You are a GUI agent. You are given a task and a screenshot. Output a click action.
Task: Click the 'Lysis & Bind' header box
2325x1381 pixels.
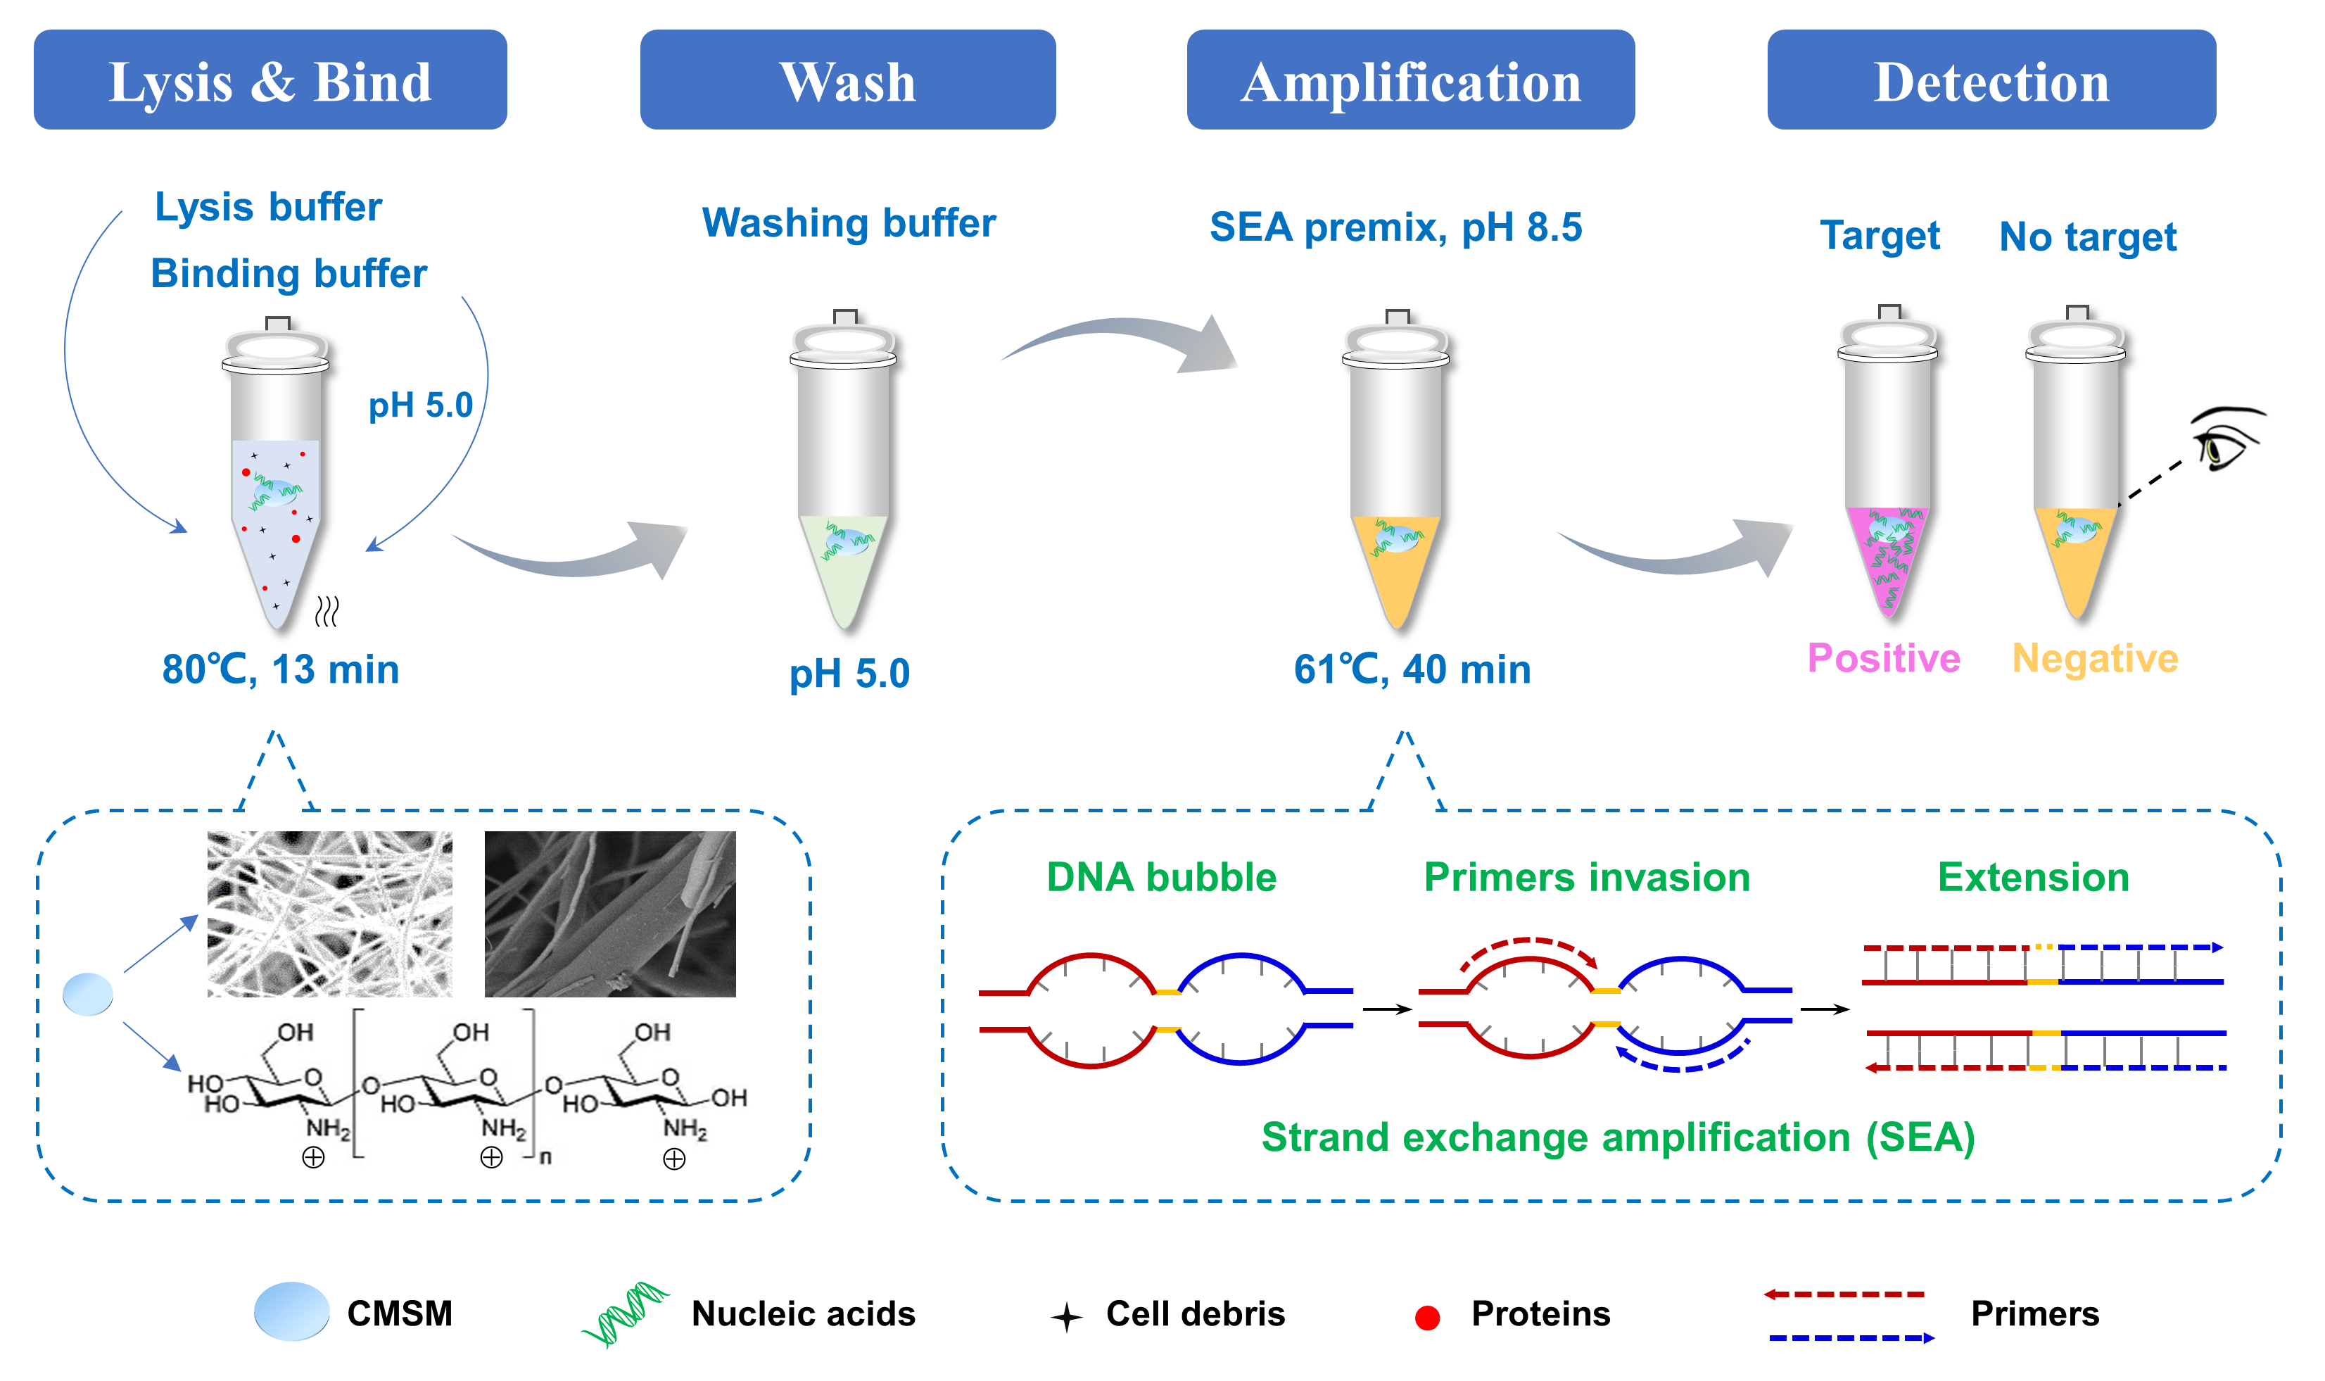point(270,80)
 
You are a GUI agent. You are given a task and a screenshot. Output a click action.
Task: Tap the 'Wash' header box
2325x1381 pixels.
point(847,80)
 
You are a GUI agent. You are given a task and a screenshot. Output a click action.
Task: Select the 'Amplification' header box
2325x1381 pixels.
point(1409,80)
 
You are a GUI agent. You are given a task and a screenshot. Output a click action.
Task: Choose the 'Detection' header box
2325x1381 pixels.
point(1991,80)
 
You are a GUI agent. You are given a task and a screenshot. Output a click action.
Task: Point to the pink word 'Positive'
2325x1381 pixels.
point(1883,658)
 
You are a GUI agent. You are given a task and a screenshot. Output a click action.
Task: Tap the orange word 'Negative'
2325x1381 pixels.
point(2094,658)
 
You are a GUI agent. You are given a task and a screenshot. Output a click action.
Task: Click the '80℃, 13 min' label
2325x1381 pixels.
point(280,669)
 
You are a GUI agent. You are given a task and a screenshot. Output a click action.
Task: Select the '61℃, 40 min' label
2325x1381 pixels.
point(1412,669)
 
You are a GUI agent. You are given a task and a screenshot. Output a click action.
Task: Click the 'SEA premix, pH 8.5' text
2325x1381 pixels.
point(1395,227)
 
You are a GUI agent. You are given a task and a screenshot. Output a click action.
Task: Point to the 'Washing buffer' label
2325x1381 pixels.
point(849,223)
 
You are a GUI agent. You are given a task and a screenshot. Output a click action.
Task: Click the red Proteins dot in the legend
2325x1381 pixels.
point(1426,1317)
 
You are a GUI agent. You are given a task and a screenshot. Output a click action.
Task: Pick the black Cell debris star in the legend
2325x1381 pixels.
point(1066,1317)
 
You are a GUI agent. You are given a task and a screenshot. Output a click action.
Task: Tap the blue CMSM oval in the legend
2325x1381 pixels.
point(291,1311)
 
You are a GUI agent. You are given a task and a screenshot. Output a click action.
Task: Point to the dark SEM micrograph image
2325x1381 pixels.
point(609,914)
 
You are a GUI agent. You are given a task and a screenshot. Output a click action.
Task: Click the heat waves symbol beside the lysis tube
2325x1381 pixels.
point(327,612)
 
